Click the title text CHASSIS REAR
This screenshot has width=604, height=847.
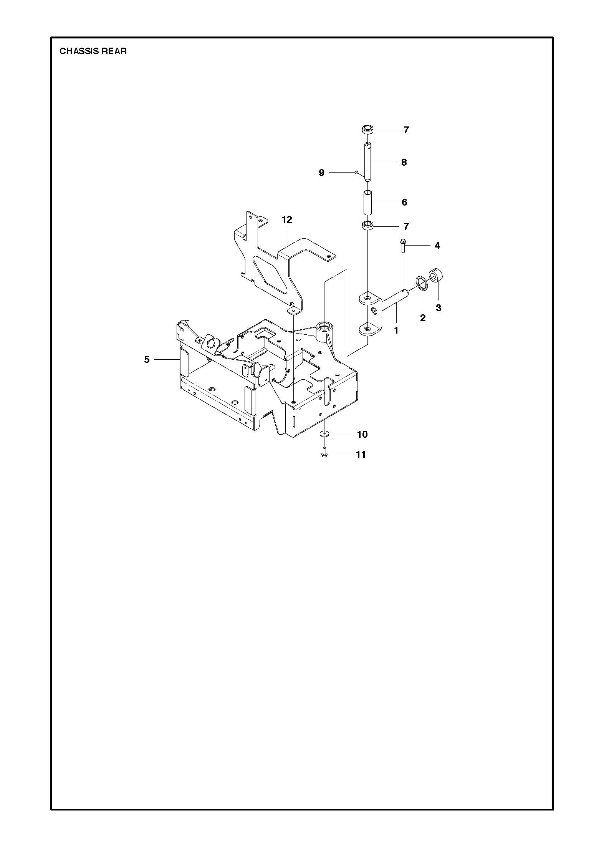pyautogui.click(x=93, y=51)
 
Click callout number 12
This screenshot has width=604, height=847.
pyautogui.click(x=287, y=219)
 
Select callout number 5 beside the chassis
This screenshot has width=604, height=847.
pyautogui.click(x=147, y=360)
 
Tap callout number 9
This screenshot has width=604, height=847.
pyautogui.click(x=321, y=173)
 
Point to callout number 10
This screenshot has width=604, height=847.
pyautogui.click(x=362, y=434)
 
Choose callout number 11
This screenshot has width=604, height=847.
pyautogui.click(x=361, y=454)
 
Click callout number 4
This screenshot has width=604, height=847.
pyautogui.click(x=437, y=246)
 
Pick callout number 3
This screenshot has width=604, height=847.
pyautogui.click(x=439, y=308)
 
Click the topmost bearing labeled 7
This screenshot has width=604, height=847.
pyautogui.click(x=368, y=130)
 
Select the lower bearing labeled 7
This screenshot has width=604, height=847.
pyautogui.click(x=368, y=225)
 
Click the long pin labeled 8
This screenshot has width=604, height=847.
pyautogui.click(x=368, y=161)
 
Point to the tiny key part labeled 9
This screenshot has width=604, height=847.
pyautogui.click(x=357, y=173)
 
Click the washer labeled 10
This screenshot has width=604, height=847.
pyautogui.click(x=324, y=434)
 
